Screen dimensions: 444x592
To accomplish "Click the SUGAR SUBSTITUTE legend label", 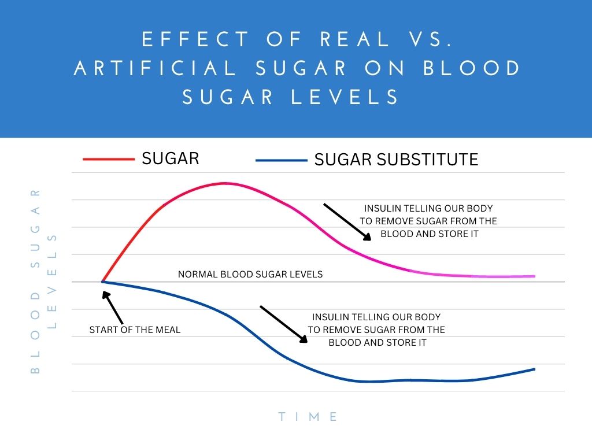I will pos(396,160).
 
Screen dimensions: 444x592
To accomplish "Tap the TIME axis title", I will pos(308,416).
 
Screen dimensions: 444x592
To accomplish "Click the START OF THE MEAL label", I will pos(135,330).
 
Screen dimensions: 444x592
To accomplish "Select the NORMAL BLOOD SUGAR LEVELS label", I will pos(250,274).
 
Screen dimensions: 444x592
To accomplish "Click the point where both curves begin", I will pos(102,282).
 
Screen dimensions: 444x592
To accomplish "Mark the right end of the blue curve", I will pos(534,369).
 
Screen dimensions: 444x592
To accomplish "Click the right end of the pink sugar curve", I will pos(534,276).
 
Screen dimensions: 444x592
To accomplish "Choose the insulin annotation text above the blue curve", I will pos(376,330).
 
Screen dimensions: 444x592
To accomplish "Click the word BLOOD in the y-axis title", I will pos(35,335).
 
